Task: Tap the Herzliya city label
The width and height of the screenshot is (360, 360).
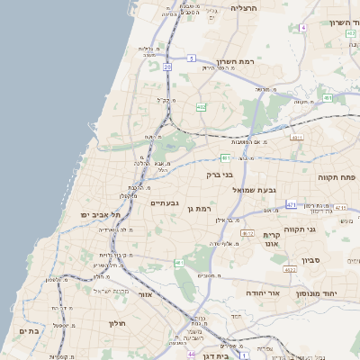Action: point(244,7)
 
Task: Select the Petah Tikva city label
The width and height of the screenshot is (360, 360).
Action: point(338,177)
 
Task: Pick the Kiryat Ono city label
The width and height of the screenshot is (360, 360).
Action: point(273,237)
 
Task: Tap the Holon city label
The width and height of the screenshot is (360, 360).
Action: point(119,323)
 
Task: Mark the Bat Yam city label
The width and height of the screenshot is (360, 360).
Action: point(28,331)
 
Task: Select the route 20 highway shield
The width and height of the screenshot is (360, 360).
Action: point(167,67)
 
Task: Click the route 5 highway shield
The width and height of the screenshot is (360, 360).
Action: point(192,58)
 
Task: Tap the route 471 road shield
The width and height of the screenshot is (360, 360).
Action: point(291,205)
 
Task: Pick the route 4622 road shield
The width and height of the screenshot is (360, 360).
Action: point(290,269)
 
